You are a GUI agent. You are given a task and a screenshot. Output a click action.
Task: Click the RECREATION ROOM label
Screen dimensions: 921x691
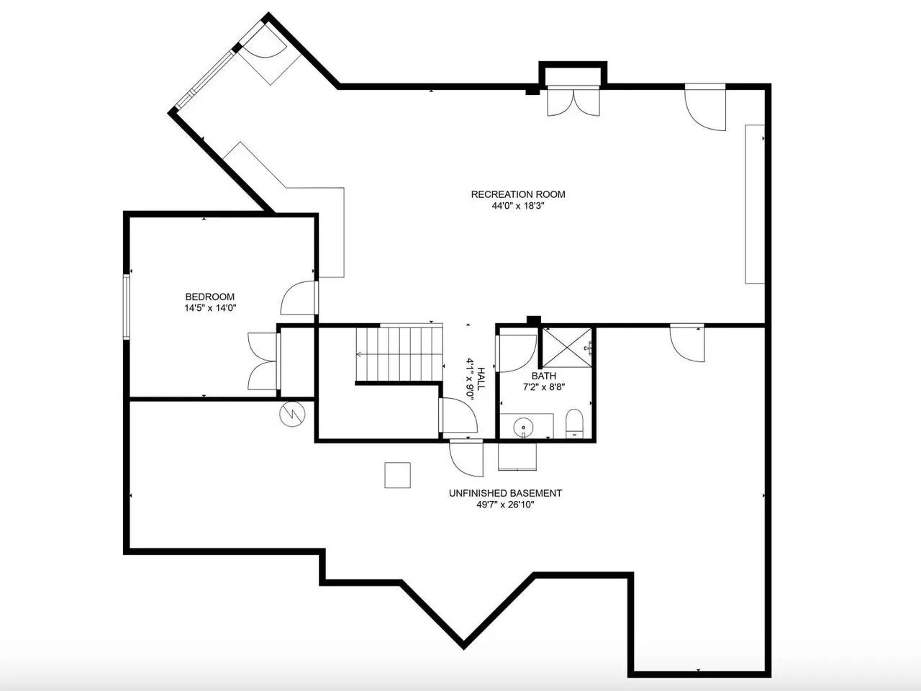click(x=518, y=194)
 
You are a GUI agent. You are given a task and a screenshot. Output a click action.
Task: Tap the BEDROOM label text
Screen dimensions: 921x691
click(x=210, y=297)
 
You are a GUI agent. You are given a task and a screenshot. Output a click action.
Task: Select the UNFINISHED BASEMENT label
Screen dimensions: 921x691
click(x=505, y=493)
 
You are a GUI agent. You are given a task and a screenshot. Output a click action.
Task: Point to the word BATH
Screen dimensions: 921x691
click(x=544, y=376)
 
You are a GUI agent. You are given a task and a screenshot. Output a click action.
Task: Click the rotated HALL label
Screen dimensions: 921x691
click(x=481, y=379)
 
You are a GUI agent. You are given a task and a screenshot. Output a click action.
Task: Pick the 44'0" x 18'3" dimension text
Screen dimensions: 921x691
click(x=518, y=206)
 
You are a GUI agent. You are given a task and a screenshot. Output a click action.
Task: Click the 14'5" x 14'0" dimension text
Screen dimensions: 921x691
click(x=210, y=308)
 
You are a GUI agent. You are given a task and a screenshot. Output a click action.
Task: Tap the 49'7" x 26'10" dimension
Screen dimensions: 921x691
click(x=505, y=505)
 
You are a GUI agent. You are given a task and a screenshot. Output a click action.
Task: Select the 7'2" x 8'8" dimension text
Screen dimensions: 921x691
click(x=544, y=387)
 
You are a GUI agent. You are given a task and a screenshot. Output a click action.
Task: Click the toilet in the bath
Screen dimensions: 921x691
click(x=574, y=424)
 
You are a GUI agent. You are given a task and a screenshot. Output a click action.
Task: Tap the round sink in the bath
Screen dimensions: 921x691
click(x=523, y=428)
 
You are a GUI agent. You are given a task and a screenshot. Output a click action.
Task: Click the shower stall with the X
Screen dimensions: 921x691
click(x=567, y=348)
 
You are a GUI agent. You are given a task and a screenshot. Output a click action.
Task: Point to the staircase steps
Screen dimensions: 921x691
click(x=399, y=355)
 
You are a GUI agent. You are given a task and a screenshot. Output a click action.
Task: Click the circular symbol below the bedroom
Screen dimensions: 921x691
click(x=292, y=415)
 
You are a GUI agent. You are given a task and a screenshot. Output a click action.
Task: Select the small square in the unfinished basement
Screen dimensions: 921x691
click(x=397, y=475)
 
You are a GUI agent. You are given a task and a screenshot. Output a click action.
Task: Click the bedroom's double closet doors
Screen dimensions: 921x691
click(x=263, y=361)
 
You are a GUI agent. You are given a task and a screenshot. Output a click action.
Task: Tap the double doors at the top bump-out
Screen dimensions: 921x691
click(x=573, y=101)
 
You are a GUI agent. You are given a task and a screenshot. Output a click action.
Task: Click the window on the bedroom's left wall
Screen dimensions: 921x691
click(x=127, y=307)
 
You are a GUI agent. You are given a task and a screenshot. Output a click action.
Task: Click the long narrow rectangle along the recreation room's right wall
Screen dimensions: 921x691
click(x=755, y=204)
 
